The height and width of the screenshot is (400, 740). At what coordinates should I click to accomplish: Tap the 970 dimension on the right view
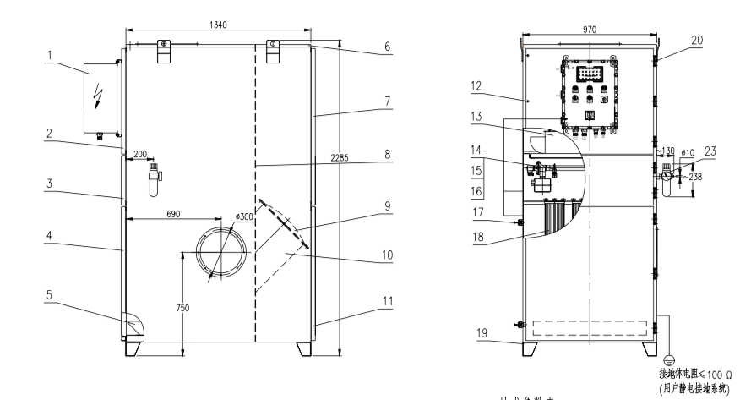(589, 28)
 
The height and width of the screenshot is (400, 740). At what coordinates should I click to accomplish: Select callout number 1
(51, 55)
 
